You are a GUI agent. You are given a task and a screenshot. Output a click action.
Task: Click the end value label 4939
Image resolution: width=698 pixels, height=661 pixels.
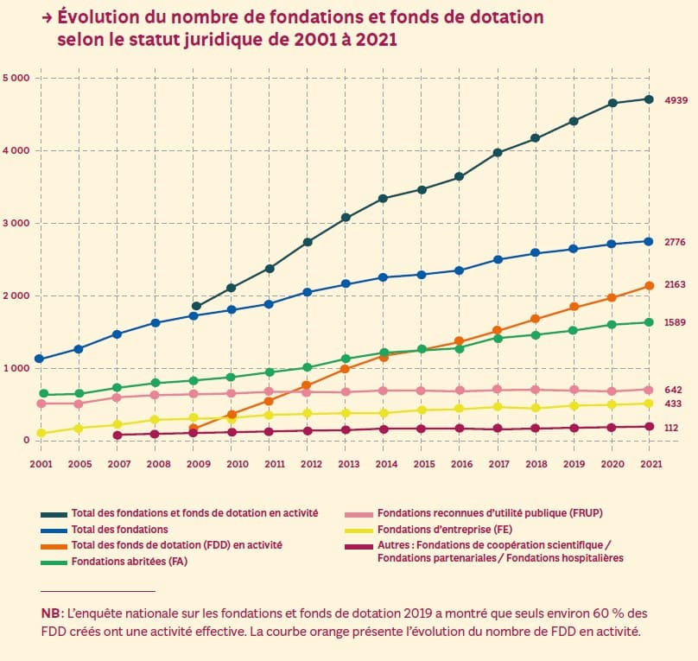675,101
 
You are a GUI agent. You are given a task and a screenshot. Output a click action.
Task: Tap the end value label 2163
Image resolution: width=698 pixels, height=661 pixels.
675,284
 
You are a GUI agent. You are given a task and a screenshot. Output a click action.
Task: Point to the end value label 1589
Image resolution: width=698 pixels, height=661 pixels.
675,322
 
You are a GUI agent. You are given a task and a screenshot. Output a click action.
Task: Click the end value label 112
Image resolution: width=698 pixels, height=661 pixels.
671,428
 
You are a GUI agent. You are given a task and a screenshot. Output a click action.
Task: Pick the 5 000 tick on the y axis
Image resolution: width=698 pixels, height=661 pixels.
16,79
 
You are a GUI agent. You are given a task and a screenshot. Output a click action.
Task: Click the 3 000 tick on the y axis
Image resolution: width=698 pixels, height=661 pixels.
16,224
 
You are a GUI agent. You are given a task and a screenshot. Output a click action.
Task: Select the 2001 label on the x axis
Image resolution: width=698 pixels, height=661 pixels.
41,464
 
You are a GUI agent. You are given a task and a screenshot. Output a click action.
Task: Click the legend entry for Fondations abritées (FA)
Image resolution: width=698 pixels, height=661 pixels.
129,561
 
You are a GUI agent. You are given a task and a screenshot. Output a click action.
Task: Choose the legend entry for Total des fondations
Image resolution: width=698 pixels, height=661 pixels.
119,529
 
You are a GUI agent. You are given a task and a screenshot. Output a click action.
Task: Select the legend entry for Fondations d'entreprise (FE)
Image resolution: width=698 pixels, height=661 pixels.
446,529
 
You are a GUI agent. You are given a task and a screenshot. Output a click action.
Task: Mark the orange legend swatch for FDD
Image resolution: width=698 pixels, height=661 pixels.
53,545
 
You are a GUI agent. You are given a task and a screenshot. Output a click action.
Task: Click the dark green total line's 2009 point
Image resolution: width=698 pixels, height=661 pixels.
196,306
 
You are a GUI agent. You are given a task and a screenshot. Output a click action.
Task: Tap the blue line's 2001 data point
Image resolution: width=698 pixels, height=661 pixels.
40,359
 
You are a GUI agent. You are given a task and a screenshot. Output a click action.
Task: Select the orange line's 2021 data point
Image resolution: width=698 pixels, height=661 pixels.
649,286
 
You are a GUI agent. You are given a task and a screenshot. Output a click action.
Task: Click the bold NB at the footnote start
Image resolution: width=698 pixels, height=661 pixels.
52,613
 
